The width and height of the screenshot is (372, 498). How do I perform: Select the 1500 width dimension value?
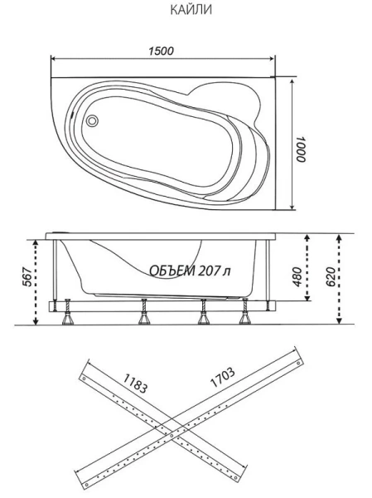pyautogui.click(x=162, y=51)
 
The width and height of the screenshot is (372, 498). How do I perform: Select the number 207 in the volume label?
pyautogui.click(x=210, y=271)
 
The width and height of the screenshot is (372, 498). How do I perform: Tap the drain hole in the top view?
pyautogui.click(x=93, y=119)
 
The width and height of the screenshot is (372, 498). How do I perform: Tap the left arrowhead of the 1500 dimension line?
pyautogui.click(x=54, y=60)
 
